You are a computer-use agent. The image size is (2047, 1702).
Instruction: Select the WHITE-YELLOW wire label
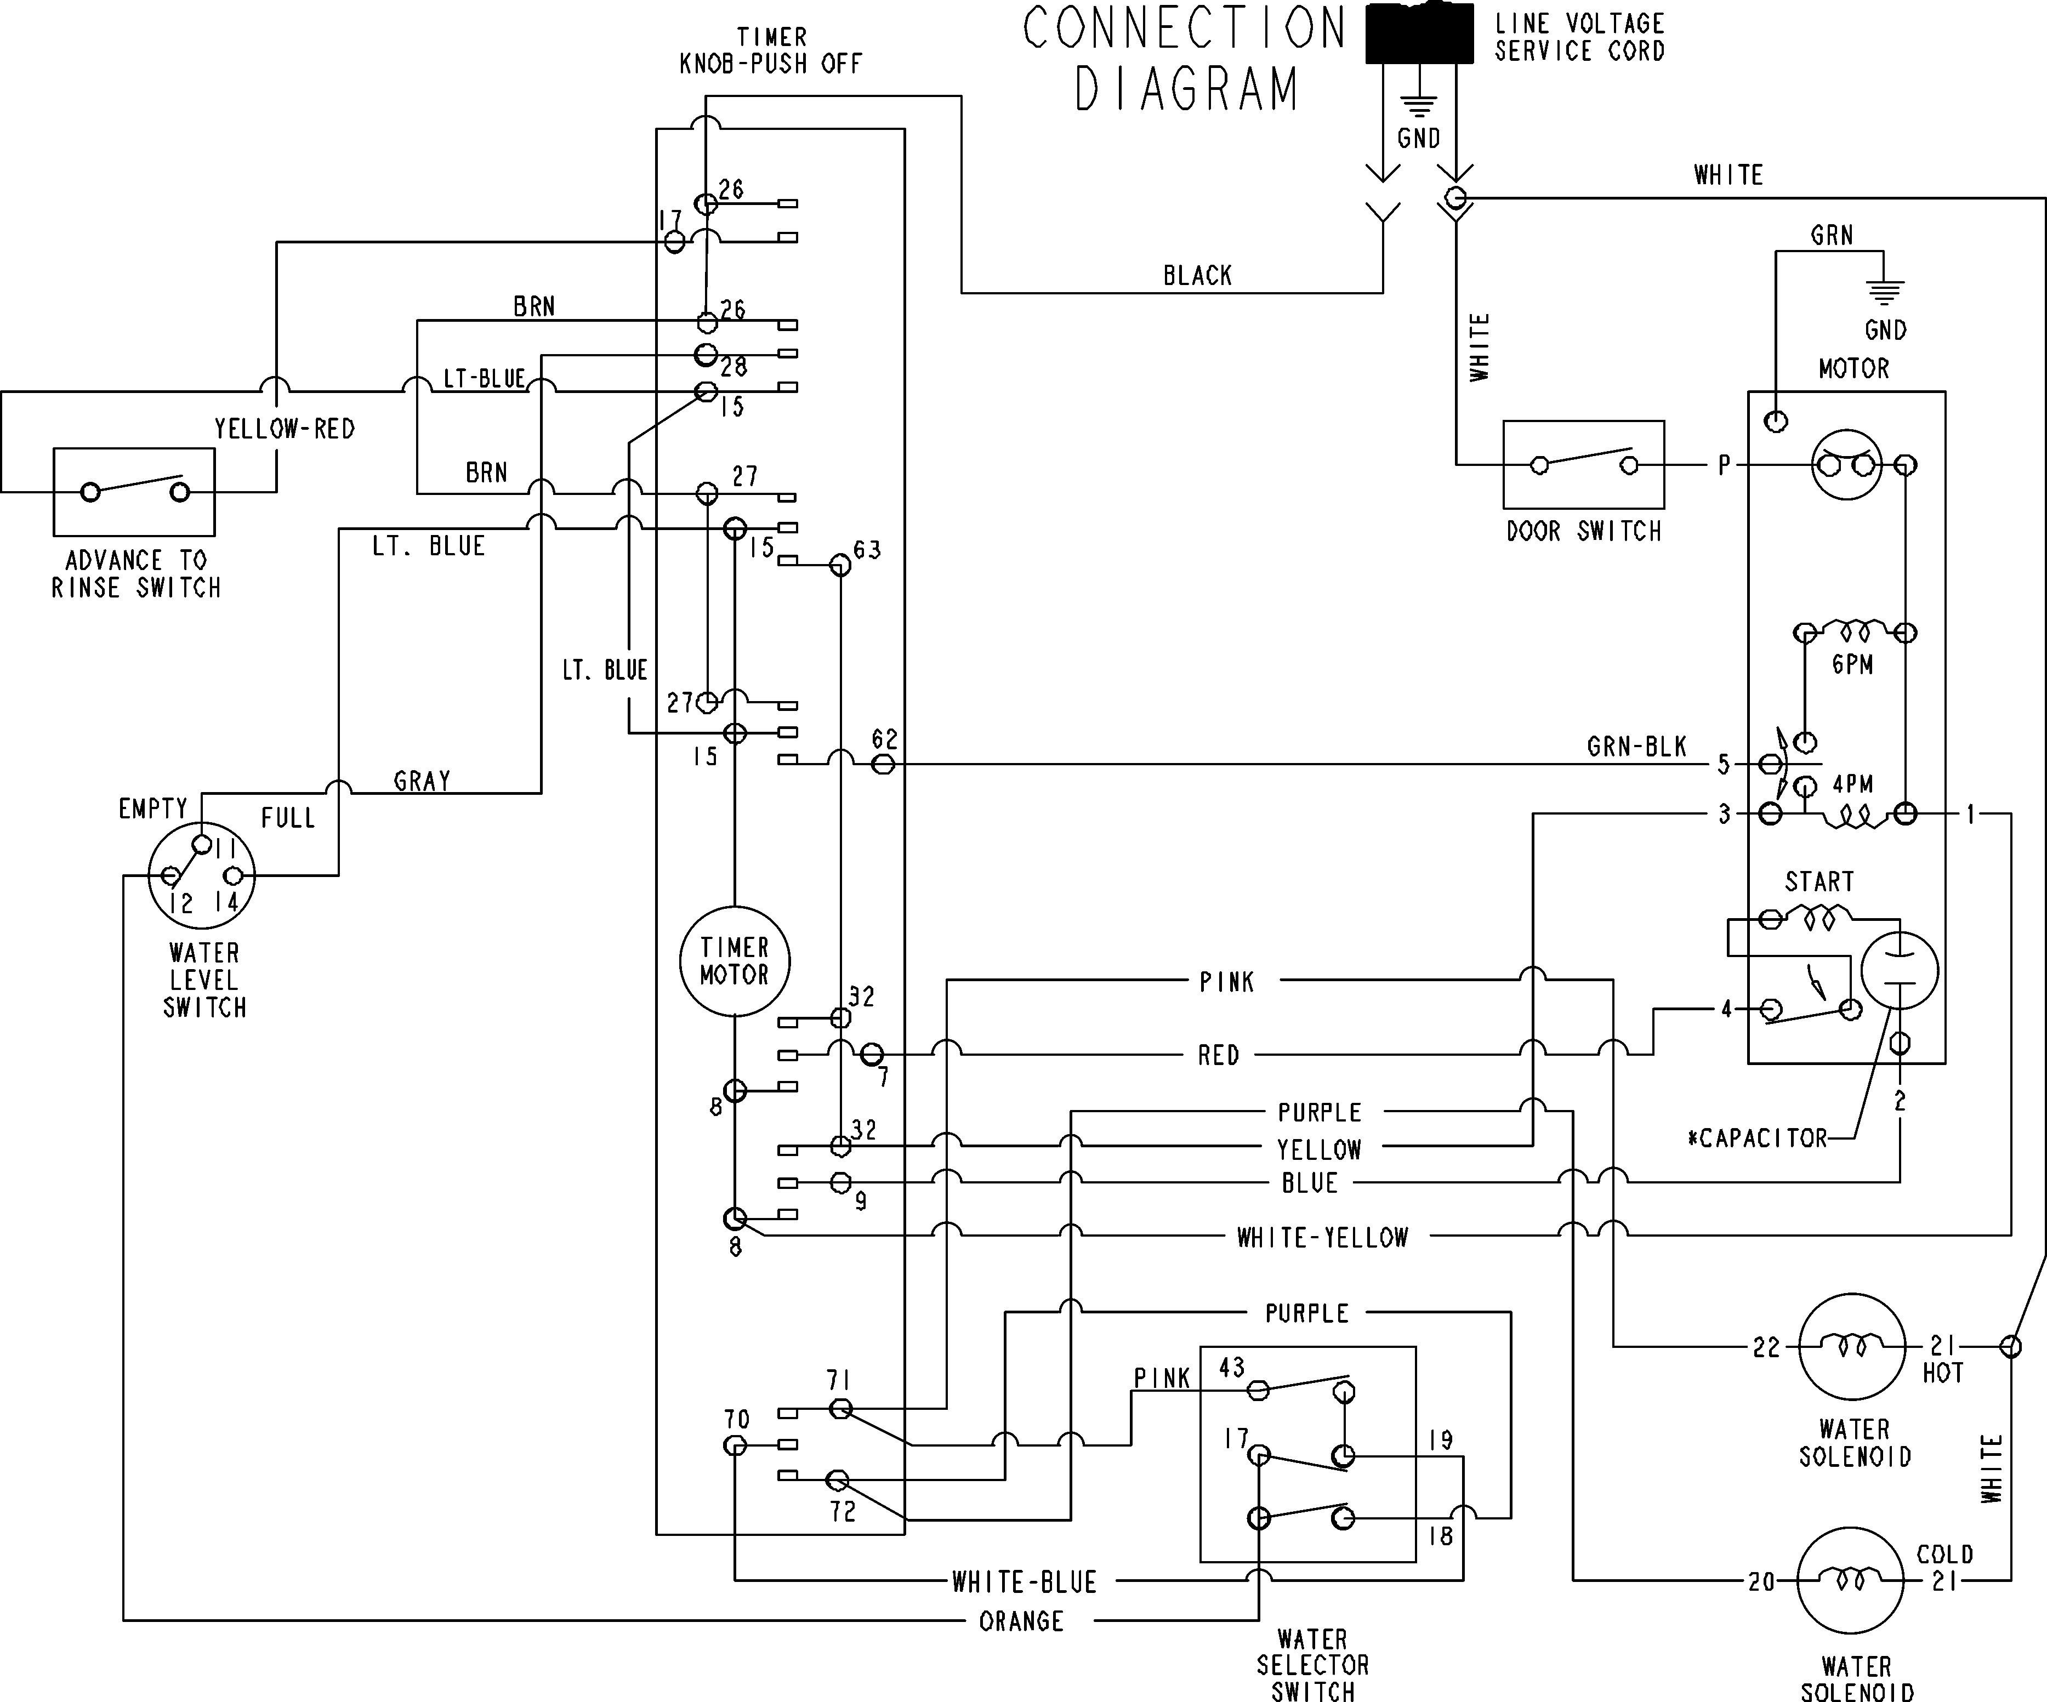coord(1323,1238)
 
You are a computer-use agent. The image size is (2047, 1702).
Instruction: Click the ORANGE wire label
coord(1021,1621)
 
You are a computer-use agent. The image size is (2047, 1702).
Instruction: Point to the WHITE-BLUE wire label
coord(1025,1582)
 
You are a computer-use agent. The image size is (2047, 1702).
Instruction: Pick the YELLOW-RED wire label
coord(285,428)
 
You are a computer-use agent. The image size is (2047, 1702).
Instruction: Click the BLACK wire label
coord(1197,276)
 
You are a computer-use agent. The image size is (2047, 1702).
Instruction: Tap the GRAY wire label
coord(422,781)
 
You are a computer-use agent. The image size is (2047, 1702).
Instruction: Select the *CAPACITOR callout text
coord(1758,1139)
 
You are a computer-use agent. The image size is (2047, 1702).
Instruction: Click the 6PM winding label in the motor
coord(1852,665)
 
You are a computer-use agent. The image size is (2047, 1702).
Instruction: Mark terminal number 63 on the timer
coord(867,550)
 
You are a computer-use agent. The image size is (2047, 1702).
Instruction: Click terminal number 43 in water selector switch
coord(1232,1368)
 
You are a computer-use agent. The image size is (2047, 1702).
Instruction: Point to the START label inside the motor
coord(1819,881)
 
